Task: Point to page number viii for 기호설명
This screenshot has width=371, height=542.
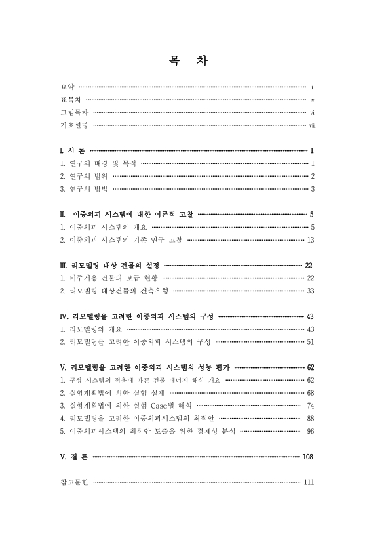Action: (312, 125)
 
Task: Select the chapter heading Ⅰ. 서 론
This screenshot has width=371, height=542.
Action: (73, 150)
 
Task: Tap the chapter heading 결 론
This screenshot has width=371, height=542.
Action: (73, 457)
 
